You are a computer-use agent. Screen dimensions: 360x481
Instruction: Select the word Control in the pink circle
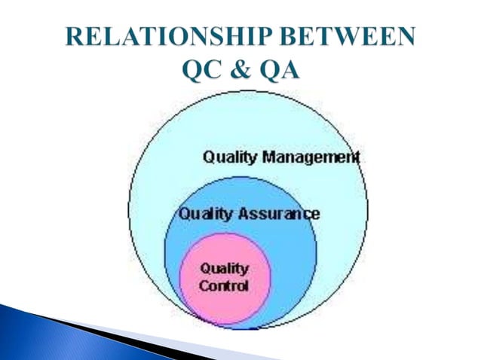[x=223, y=286]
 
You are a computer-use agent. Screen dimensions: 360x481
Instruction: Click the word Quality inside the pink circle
[x=223, y=269]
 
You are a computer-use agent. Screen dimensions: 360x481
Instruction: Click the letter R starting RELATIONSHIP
[x=73, y=38]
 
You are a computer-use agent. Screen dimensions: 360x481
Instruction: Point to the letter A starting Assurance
[x=244, y=214]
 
